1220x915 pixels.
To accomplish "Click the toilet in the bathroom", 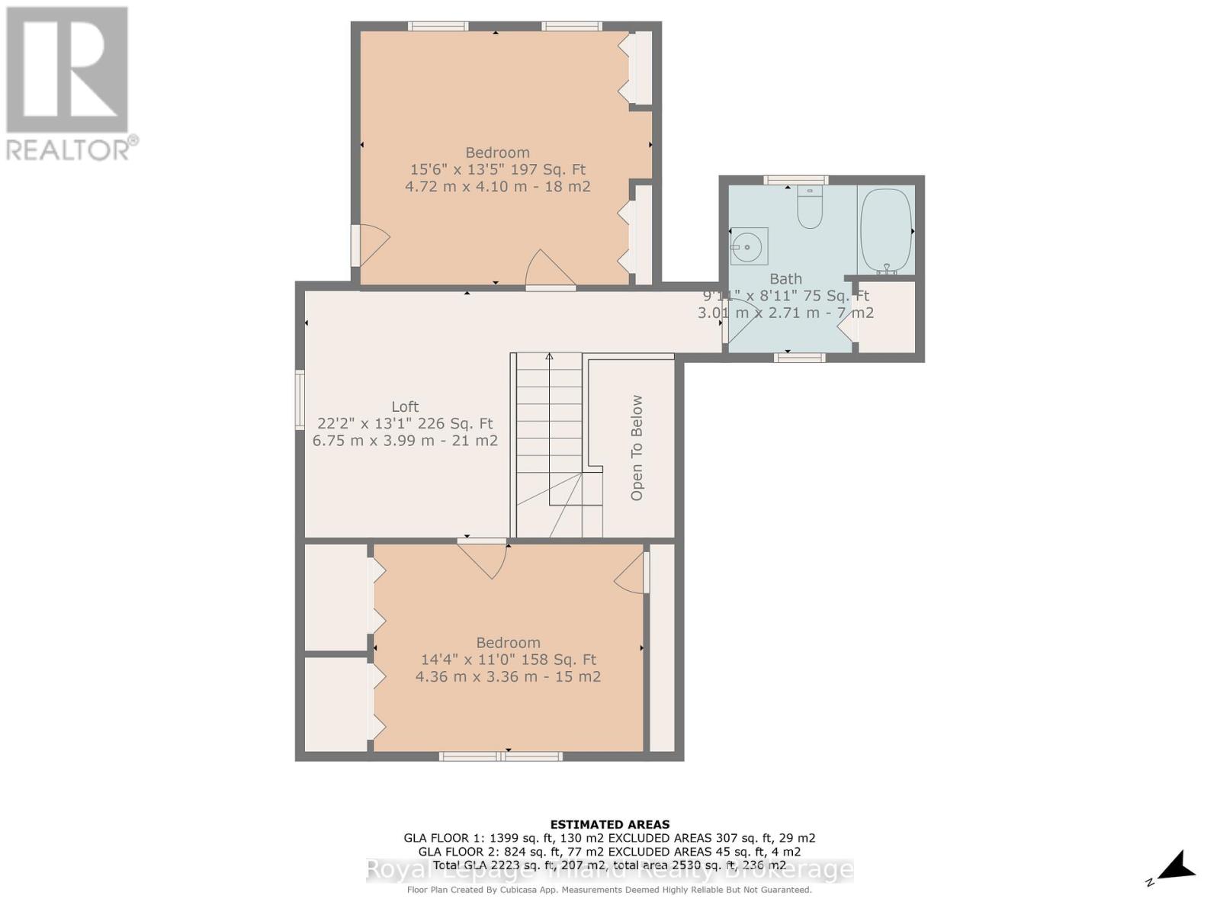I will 809,208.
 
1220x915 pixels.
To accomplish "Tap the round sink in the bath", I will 748,246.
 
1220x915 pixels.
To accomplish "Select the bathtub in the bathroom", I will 885,230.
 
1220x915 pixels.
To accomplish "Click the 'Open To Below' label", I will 637,448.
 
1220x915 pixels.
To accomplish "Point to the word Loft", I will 405,406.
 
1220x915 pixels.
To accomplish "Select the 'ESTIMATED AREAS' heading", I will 609,824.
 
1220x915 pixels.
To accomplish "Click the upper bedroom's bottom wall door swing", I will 550,270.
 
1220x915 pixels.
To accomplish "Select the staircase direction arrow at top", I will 549,357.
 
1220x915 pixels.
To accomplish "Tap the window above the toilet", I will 795,180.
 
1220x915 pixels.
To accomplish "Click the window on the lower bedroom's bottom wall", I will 501,756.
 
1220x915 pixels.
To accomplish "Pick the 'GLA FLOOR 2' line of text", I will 609,852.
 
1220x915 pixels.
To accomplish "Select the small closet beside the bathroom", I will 887,317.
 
